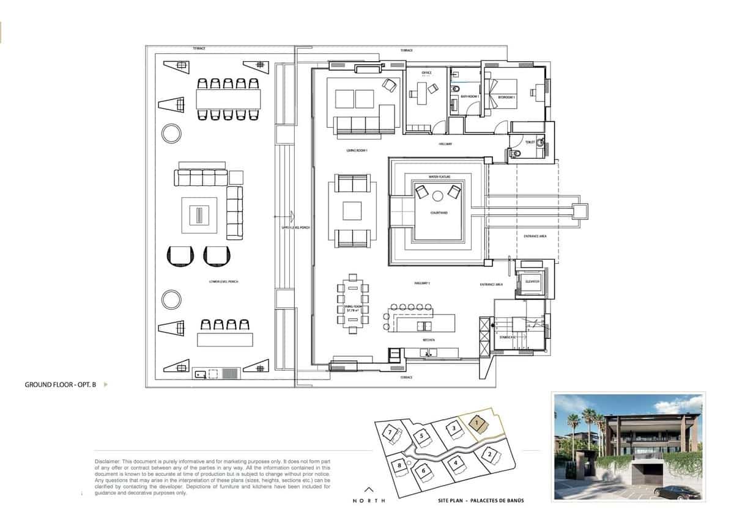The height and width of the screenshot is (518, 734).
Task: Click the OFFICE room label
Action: point(426,73)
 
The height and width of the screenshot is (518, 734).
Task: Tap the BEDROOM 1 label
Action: point(506,97)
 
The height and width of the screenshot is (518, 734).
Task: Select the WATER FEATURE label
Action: point(439,177)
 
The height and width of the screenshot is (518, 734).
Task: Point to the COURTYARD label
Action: point(439,213)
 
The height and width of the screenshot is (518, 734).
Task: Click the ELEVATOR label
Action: point(532,282)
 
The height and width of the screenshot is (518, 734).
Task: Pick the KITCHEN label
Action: point(428,340)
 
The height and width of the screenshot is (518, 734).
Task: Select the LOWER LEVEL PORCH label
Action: point(223,282)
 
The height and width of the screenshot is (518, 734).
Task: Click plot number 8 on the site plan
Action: point(399,465)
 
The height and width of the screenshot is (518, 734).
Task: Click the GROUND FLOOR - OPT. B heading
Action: point(61,385)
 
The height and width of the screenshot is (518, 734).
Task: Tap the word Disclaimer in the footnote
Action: point(108,461)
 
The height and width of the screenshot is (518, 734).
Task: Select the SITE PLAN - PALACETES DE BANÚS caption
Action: point(481,500)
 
